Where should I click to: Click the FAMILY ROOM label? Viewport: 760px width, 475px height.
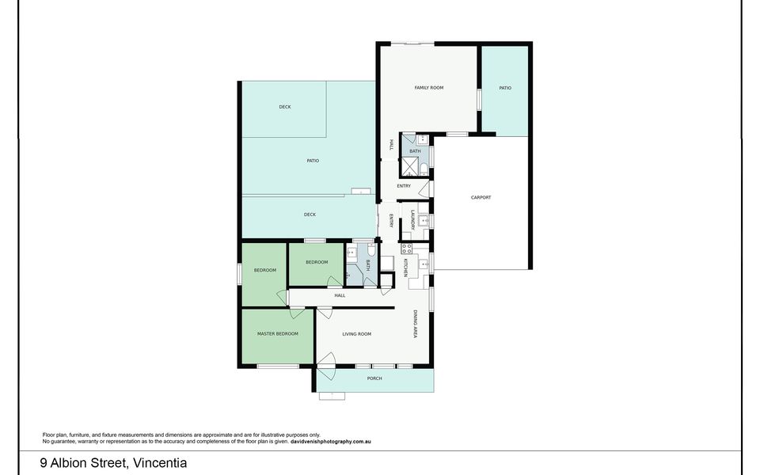pos(428,88)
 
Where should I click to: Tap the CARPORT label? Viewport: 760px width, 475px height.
pos(481,197)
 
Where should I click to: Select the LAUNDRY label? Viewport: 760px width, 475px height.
pos(412,219)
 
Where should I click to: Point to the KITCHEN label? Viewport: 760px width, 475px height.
pos(405,267)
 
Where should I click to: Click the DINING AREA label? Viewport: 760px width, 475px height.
pos(414,325)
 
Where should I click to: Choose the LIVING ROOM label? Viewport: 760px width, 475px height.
pos(356,334)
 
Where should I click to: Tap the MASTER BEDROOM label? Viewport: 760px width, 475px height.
pos(278,334)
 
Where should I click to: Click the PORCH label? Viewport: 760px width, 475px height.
pos(374,378)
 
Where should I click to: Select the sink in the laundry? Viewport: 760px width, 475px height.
pos(424,219)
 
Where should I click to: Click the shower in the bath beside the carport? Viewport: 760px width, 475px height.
pos(411,165)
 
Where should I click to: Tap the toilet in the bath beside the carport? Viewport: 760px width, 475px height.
pos(424,166)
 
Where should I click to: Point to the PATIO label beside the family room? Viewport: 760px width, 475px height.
pos(505,88)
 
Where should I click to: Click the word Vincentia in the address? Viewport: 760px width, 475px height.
pos(160,463)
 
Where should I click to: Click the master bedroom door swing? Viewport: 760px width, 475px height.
pos(281,298)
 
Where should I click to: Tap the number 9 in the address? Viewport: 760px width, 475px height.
pos(44,463)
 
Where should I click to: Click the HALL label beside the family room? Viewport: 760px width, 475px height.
pos(391,145)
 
